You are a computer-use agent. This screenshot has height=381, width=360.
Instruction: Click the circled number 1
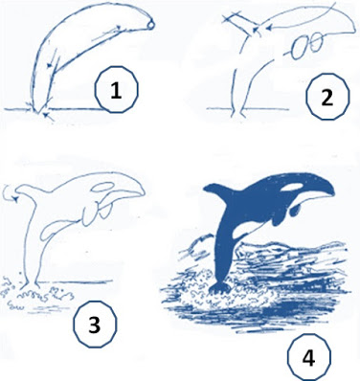coord(116,90)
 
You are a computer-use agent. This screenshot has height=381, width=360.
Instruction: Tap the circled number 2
coord(327,97)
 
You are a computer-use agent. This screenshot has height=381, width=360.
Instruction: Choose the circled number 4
coord(308,357)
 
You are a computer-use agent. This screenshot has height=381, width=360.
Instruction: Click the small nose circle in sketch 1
coord(151,25)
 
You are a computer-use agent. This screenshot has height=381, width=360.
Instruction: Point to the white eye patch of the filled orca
coord(293,188)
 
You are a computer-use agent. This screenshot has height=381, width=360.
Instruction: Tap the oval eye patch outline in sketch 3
coord(102,187)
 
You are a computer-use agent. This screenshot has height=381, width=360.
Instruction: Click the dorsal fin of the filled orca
coord(220,190)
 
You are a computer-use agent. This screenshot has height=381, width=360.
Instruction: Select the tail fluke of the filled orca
coord(219,288)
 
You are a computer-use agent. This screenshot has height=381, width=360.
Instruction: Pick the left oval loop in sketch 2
coord(300,49)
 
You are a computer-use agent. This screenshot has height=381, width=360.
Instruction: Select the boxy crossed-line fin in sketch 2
coord(242,22)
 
